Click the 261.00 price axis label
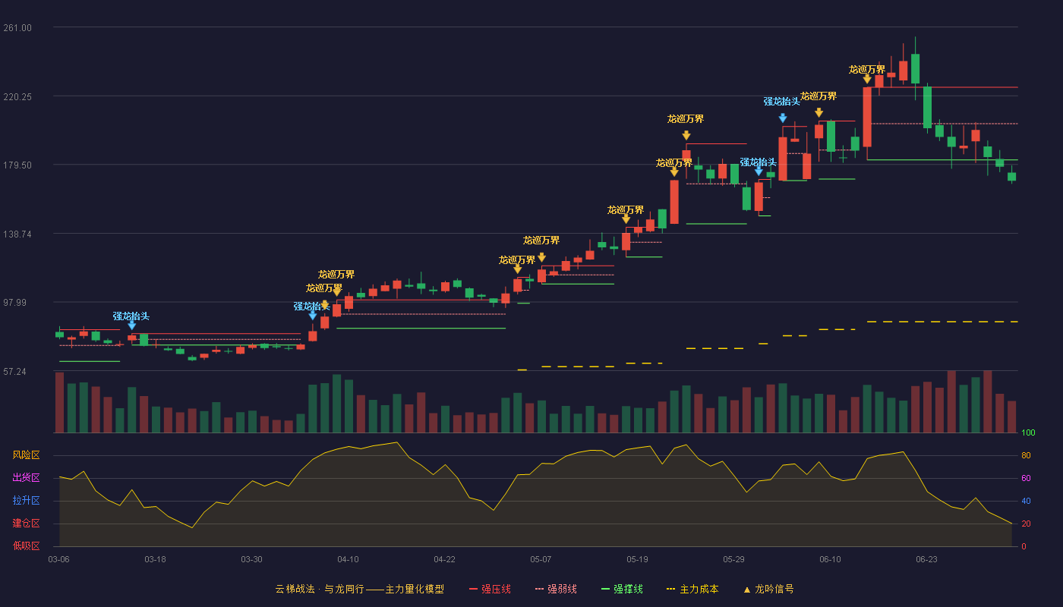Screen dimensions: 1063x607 17,28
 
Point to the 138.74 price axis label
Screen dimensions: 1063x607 17,234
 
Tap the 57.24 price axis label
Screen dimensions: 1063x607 14,371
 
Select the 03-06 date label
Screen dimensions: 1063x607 59,560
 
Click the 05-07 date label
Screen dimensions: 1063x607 541,560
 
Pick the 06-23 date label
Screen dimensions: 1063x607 927,560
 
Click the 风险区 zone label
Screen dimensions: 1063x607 26,455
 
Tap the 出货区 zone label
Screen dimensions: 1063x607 26,477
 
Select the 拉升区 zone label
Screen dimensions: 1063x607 26,500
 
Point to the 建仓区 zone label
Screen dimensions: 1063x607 26,523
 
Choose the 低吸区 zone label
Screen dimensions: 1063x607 26,546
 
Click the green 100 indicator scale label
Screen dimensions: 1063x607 1028,432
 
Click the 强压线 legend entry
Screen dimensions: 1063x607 490,589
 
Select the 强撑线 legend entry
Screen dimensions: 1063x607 622,589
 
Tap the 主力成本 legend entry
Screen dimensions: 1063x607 692,589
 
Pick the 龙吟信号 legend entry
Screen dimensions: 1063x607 768,589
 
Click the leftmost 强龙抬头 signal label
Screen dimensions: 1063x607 131,316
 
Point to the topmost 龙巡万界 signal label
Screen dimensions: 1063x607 867,70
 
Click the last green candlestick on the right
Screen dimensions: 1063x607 1011,176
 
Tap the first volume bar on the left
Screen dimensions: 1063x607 59,403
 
